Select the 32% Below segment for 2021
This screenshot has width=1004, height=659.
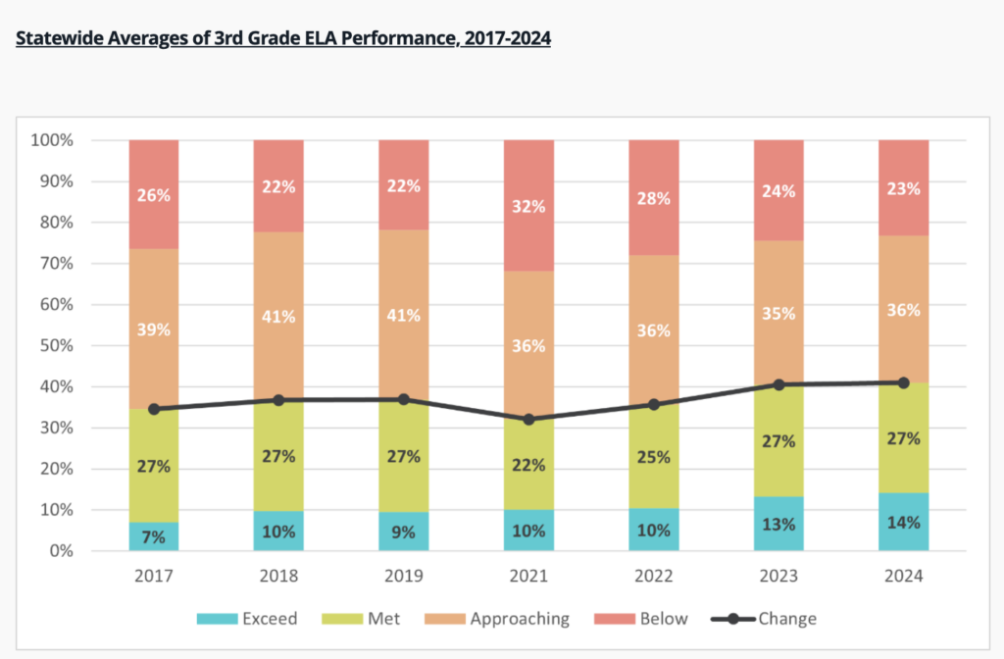click(x=528, y=205)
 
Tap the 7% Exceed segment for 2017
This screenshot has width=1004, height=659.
click(x=154, y=535)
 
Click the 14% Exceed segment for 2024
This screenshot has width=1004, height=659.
click(x=903, y=521)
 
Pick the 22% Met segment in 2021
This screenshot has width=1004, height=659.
click(x=528, y=464)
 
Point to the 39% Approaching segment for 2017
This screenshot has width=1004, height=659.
click(x=154, y=329)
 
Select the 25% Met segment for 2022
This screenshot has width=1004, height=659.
click(x=653, y=456)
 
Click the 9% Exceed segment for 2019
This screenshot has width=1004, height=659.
click(x=404, y=532)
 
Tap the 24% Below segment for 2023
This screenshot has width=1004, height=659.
click(x=778, y=190)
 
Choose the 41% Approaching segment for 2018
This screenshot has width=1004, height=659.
click(x=278, y=316)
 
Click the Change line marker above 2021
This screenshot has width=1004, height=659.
click(x=528, y=419)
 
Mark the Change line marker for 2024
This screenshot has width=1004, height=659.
click(x=903, y=382)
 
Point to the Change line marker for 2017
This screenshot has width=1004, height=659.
click(x=154, y=409)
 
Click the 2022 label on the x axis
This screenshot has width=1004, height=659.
click(x=653, y=577)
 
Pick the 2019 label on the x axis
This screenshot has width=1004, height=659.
click(x=404, y=577)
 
